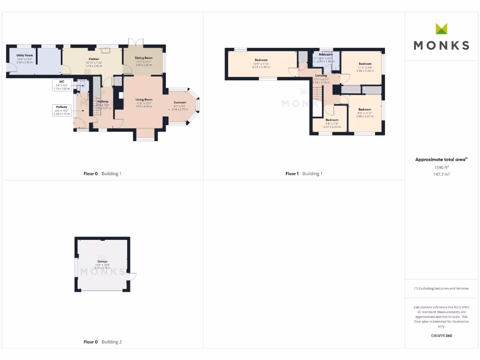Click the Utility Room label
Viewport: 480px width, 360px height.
pos(24,55)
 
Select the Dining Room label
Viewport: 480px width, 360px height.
pos(144,58)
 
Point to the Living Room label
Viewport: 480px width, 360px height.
pos(144,99)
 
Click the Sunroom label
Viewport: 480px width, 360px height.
pos(180,102)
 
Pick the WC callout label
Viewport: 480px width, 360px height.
pos(61,81)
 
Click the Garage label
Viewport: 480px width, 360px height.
pos(102,262)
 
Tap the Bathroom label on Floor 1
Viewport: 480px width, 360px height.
pos(325,54)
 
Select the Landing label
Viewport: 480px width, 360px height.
pos(321,75)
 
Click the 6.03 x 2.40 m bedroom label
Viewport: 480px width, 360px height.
pos(261,60)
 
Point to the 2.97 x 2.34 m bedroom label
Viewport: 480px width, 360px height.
pos(332,120)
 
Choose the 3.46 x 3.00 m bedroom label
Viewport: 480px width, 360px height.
pos(365,64)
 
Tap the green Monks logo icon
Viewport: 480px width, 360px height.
pos(442,29)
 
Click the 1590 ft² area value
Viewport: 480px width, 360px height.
pos(441,167)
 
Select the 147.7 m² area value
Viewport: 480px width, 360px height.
pos(441,174)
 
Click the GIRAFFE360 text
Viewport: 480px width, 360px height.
pos(441,336)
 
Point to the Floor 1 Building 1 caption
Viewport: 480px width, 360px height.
pos(304,173)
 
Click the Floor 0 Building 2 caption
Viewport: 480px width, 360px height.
pos(102,342)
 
